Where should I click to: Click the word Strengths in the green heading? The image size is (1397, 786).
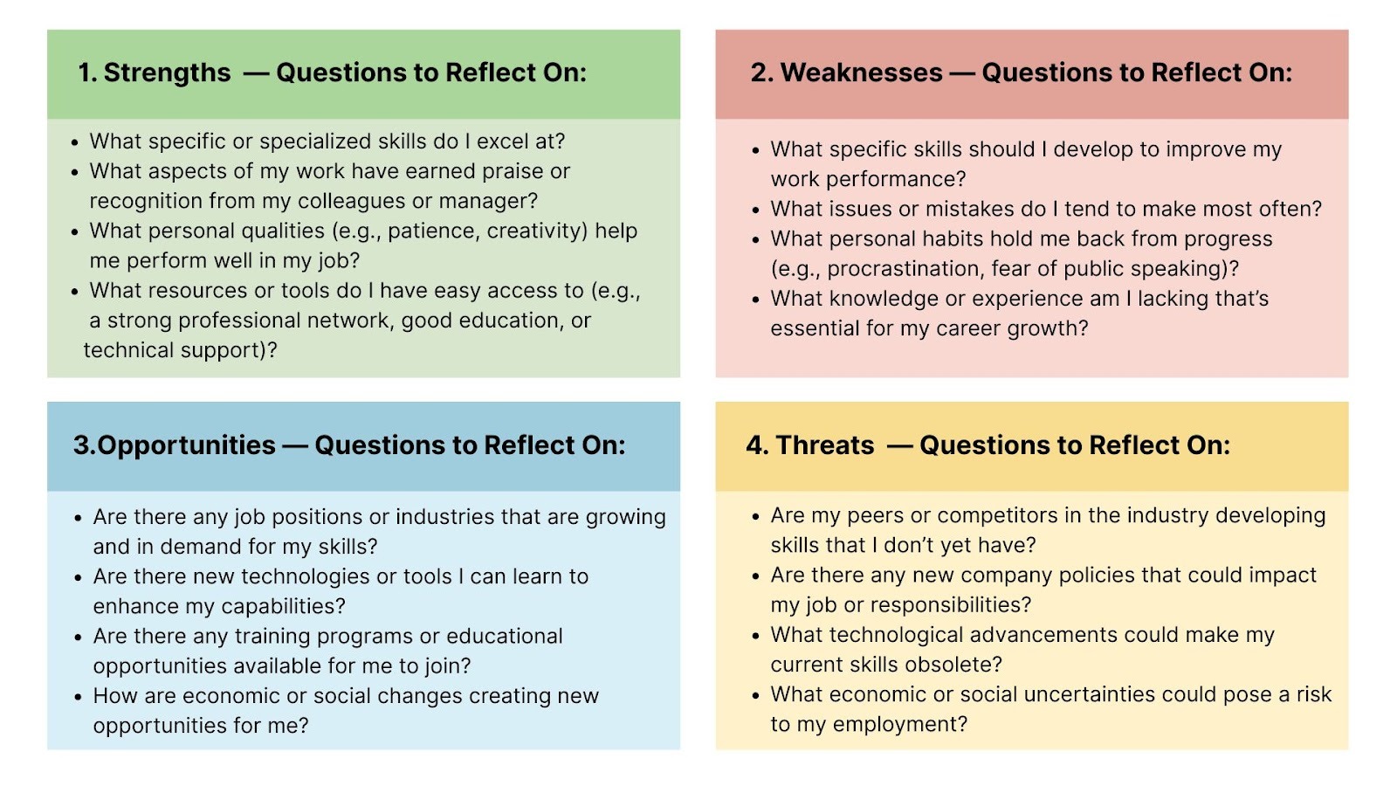click(x=167, y=73)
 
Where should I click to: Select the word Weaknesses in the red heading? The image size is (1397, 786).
click(x=861, y=72)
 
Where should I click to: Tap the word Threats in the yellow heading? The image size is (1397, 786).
click(x=824, y=445)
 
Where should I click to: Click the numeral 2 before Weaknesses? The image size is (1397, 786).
click(x=758, y=72)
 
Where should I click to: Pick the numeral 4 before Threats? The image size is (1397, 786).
click(x=754, y=445)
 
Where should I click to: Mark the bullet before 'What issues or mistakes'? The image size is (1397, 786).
click(x=756, y=210)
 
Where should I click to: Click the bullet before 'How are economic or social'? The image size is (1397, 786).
click(x=78, y=697)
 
